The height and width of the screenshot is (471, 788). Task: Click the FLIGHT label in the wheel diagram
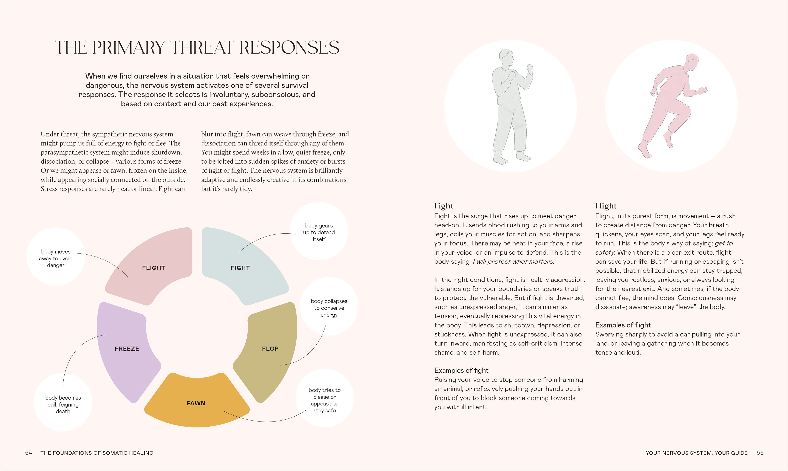153,268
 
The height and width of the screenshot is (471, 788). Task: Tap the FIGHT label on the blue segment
240,268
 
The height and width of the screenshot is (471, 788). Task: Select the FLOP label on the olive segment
270,348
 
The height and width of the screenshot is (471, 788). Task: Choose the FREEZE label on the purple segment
127,348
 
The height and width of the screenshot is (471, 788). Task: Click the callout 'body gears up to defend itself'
319,232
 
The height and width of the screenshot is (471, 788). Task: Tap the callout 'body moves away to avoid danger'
56,258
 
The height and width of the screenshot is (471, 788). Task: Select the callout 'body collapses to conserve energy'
329,308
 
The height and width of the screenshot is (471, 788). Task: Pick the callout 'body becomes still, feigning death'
63,404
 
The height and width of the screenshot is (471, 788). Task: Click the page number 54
29,453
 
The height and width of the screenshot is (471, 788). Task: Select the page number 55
760,453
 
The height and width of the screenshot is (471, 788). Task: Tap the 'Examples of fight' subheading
461,370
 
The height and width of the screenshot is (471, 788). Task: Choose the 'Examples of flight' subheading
623,325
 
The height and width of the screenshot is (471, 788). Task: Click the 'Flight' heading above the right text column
606,206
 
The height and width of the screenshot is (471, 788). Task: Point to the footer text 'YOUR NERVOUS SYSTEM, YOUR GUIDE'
697,453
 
